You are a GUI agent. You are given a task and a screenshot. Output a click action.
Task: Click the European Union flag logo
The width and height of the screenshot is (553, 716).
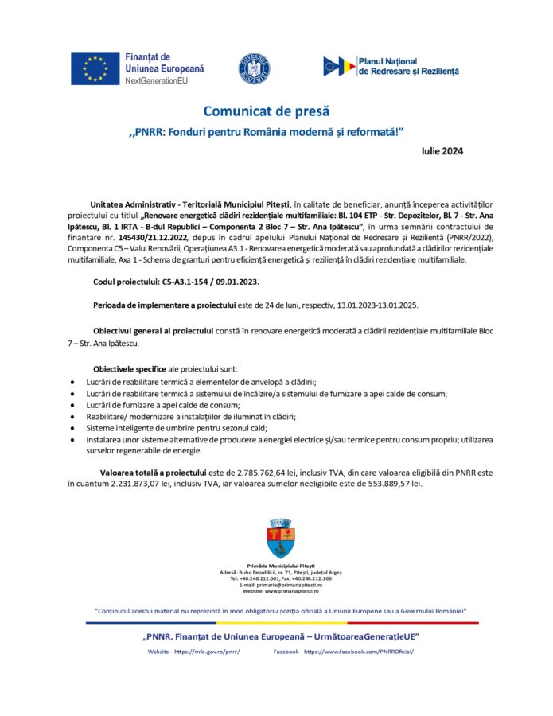[95, 68]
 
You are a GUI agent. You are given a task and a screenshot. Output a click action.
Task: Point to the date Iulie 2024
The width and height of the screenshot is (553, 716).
[442, 150]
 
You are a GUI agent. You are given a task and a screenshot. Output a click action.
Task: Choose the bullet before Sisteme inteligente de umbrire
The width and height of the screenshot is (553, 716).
[74, 427]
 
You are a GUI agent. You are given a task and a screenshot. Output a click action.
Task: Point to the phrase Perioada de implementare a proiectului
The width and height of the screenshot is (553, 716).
[164, 305]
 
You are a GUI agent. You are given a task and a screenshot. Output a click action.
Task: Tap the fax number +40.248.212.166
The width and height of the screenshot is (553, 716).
[313, 578]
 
